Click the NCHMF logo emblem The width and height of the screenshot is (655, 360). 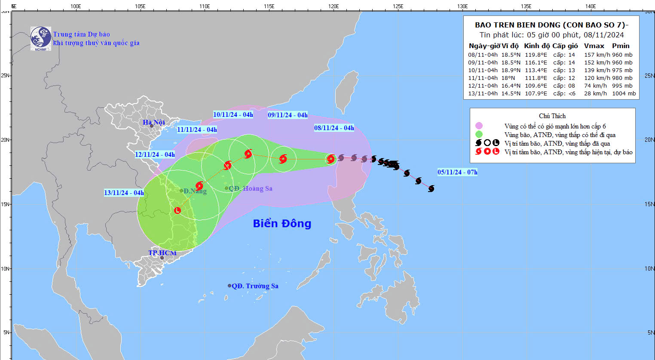pos(41,38)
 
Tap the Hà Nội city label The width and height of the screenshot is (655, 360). pos(154,122)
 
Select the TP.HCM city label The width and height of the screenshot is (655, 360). pos(162,253)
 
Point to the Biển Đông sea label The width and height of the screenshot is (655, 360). pos(282,223)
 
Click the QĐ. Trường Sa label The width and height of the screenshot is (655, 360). pos(255,286)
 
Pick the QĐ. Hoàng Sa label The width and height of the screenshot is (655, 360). pos(250,189)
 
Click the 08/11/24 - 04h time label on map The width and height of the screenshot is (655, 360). pos(334,128)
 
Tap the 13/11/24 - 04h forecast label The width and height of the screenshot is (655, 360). pos(124,193)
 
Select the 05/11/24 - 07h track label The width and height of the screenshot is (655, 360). pos(457,172)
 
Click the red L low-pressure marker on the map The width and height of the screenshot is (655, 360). pos(178,211)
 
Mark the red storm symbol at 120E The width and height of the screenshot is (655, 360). pos(331,159)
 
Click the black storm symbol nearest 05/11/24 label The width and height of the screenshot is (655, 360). pos(431,189)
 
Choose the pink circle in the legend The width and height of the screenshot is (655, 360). pos(479,126)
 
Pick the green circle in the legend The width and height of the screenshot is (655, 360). pos(479,134)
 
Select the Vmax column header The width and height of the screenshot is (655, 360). pos(594,46)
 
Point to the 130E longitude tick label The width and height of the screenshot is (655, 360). pos(462,6)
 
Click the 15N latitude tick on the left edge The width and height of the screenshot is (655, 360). pos(5,204)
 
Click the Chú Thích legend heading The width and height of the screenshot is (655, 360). pos(552,116)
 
